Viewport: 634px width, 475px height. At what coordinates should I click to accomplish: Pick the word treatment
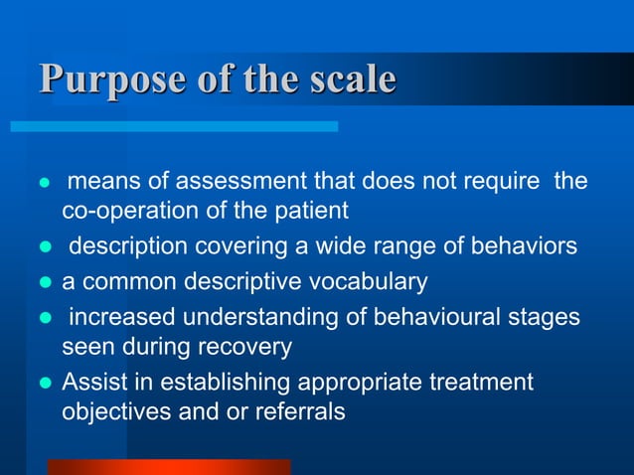pos(473,382)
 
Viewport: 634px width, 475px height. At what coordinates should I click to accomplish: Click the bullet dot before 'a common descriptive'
pos(43,282)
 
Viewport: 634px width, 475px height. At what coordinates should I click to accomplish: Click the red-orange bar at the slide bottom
pos(169,466)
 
